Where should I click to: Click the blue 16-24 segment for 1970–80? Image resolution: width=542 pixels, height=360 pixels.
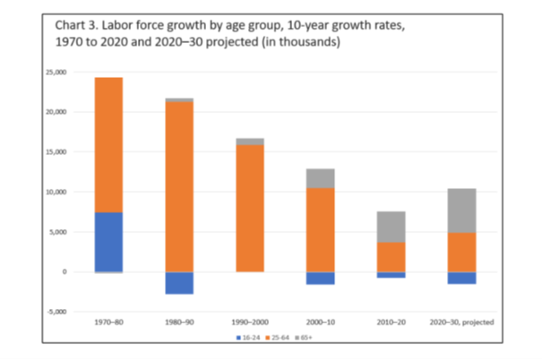point(108,242)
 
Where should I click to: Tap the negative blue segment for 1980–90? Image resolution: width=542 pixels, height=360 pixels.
point(179,282)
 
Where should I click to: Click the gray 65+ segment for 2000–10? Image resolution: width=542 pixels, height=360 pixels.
point(321,178)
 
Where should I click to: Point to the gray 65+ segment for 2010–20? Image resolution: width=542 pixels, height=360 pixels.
point(391,227)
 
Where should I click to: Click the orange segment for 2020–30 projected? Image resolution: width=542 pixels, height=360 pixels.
point(461,252)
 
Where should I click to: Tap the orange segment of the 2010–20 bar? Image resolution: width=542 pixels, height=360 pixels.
point(391,257)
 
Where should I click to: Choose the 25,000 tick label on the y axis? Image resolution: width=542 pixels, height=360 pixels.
point(56,73)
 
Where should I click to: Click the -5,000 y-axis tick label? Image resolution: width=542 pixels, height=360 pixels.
point(56,312)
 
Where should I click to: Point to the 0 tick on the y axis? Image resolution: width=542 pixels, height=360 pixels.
point(63,271)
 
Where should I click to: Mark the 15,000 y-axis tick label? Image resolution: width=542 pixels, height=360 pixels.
point(56,152)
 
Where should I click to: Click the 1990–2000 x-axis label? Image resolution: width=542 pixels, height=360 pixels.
point(250,321)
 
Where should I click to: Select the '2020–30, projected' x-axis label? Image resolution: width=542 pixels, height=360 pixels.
point(461,321)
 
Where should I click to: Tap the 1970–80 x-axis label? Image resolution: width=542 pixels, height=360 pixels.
point(108,321)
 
